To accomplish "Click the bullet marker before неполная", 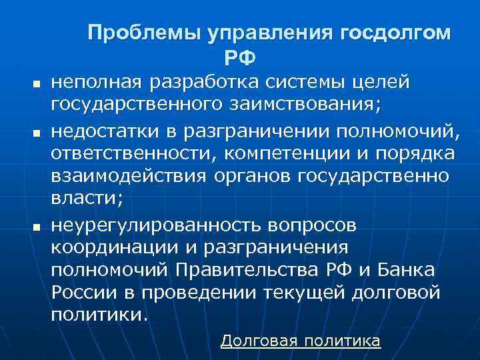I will [37, 86].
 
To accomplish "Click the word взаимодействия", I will [130, 177].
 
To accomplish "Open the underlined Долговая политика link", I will [300, 341].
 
